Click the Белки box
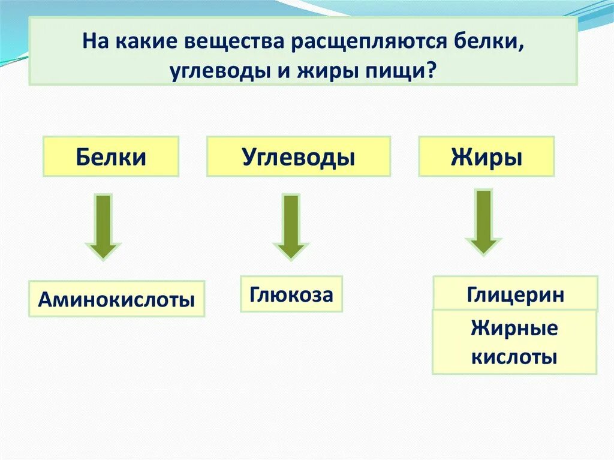point(111,157)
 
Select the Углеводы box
point(299,157)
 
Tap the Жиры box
point(486,157)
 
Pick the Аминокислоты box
point(117,299)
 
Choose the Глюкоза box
point(291,294)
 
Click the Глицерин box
point(515,293)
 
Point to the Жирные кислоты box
point(514,342)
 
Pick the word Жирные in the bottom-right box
point(514,329)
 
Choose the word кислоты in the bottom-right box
point(514,357)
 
